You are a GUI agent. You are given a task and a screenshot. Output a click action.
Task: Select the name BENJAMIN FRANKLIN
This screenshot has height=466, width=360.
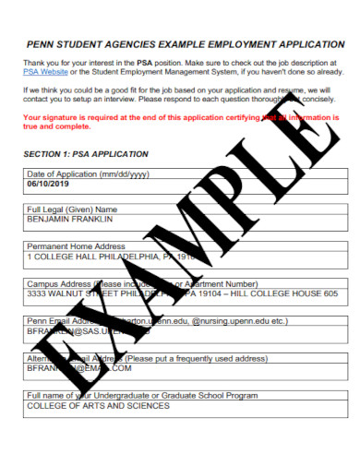[x=70, y=221]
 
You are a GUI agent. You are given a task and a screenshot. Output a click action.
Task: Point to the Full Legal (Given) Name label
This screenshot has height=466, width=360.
[x=73, y=210]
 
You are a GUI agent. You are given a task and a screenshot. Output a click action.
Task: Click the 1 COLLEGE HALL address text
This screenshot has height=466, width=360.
[x=65, y=257]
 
